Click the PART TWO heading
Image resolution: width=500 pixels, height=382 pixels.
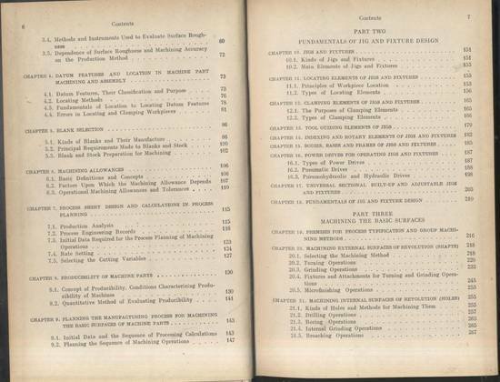(367, 33)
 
